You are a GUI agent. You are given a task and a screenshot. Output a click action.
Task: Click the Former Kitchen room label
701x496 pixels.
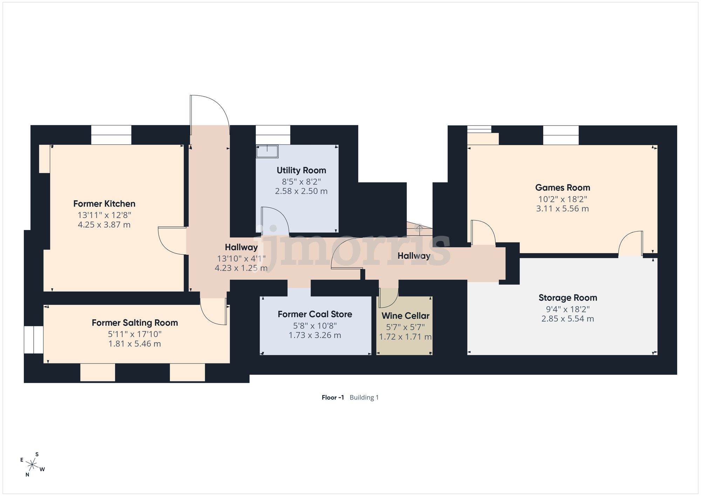[104, 204]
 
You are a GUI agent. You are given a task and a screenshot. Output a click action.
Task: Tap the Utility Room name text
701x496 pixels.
[301, 170]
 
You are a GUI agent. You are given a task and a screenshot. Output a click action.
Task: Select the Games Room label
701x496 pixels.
[563, 188]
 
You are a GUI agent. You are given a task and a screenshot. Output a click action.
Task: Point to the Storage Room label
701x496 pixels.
[568, 298]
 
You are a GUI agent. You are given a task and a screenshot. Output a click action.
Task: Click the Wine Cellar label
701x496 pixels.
[406, 316]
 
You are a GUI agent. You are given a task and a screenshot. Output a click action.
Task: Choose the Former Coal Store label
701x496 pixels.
[315, 314]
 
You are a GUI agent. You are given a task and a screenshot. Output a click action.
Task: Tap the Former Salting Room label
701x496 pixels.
[135, 323]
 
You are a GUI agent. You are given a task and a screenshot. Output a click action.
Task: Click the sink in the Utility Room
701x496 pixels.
[267, 151]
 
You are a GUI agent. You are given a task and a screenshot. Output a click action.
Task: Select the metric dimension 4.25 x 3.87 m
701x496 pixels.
[104, 225]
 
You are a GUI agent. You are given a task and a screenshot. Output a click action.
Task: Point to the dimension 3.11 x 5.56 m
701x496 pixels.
[563, 209]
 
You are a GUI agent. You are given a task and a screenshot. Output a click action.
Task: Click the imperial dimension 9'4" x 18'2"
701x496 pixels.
[568, 309]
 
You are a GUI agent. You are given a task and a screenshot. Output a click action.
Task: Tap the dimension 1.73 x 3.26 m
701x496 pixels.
[315, 335]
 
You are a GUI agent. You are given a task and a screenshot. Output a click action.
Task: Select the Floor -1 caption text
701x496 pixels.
[333, 397]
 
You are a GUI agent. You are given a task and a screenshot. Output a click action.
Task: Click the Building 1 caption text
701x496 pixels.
[364, 397]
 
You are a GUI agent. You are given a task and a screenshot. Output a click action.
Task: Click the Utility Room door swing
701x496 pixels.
[275, 220]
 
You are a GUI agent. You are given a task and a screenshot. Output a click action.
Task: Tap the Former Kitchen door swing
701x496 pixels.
[172, 241]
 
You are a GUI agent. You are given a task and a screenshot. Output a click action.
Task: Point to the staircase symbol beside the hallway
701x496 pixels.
[419, 229]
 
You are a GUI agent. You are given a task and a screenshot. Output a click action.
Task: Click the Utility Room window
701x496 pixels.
[273, 135]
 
